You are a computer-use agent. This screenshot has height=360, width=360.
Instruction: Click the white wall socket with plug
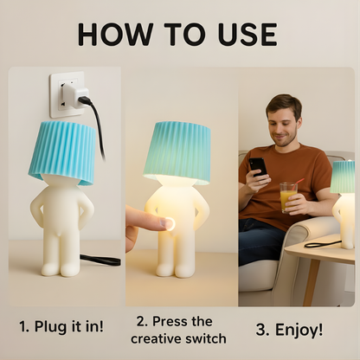click(67, 94)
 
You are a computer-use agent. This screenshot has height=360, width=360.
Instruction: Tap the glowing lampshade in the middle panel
click(178, 151)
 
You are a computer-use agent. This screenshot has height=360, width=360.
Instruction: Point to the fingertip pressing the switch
click(164, 223)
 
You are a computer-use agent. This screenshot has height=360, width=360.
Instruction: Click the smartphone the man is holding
click(258, 166)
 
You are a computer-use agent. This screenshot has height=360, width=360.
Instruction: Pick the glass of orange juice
click(287, 197)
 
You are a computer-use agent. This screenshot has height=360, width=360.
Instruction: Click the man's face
click(283, 122)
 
